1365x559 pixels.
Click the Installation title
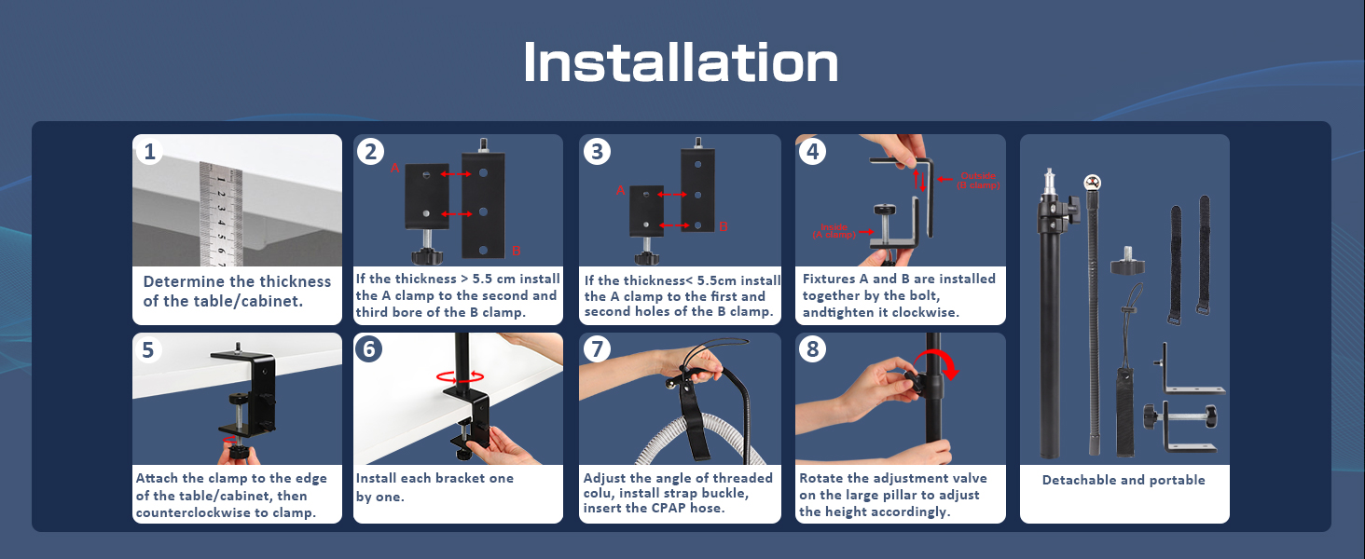681,63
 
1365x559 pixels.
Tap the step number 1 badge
149,151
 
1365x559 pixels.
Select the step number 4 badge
812,151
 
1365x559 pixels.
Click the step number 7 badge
597,349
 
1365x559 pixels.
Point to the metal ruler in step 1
221,214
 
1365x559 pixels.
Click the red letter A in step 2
394,169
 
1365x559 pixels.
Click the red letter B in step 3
723,226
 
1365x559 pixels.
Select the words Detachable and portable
1124,481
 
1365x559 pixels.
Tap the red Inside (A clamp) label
835,231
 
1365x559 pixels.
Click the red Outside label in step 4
977,177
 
